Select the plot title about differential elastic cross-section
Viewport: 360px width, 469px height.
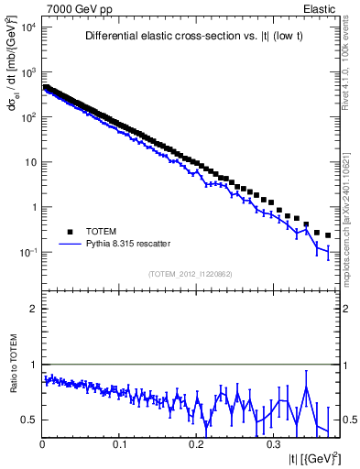pyautogui.click(x=189, y=37)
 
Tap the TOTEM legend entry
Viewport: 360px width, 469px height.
pyautogui.click(x=102, y=232)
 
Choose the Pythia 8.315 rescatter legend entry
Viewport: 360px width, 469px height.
pyautogui.click(x=124, y=245)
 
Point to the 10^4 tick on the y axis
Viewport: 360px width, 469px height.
pyautogui.click(x=27, y=27)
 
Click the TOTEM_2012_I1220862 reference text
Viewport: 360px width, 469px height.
pyautogui.click(x=190, y=274)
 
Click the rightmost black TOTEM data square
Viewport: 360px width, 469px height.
pyautogui.click(x=327, y=234)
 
